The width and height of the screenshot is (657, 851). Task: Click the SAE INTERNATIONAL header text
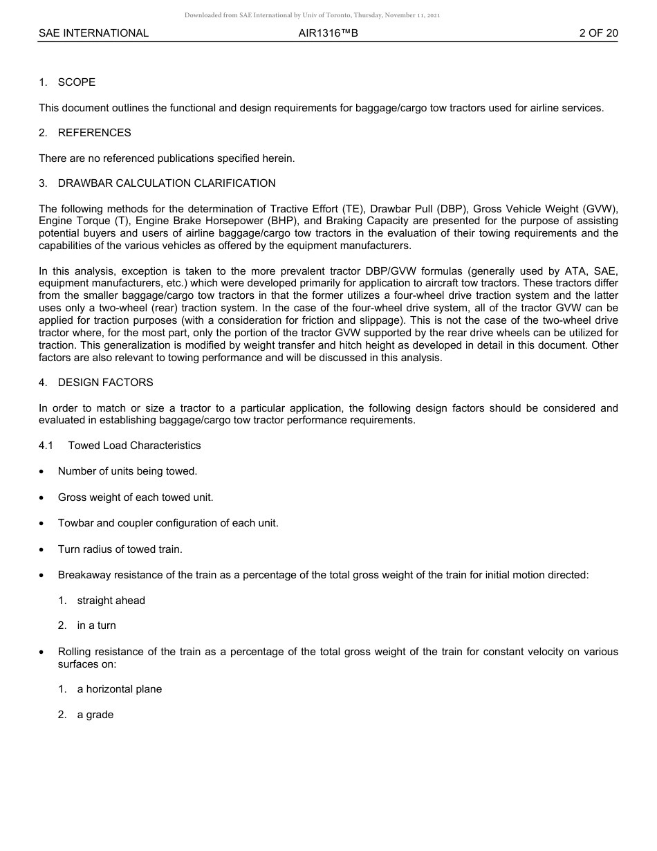coord(93,33)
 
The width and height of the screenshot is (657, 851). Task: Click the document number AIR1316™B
coord(328,33)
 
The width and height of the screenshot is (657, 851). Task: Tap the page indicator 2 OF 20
coord(598,33)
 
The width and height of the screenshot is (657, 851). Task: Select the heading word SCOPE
coord(77,82)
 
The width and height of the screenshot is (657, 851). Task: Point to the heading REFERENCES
coord(94,133)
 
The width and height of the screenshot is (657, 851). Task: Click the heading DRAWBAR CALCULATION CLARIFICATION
coord(167,183)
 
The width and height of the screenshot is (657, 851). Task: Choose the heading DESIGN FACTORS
coord(106,383)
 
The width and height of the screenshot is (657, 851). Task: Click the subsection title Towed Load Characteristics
coord(135,446)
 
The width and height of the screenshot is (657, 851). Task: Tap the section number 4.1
coord(46,446)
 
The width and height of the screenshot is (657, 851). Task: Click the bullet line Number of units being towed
coord(127,471)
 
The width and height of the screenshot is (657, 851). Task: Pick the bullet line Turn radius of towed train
coord(120,549)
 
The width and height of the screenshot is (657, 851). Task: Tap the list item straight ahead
coord(111,601)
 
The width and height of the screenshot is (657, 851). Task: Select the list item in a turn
coord(97,625)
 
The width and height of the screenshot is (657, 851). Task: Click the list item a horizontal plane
coord(120,689)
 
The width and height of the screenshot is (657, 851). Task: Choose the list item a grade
coord(95,715)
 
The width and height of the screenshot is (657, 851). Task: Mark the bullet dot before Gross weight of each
coord(43,498)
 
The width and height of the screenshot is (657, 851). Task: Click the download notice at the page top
coord(312,15)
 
